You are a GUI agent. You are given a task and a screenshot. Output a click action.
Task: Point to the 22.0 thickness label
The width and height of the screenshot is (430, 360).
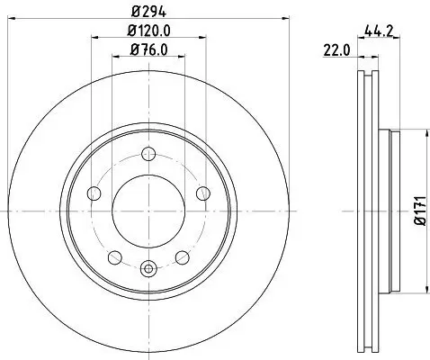[335, 51]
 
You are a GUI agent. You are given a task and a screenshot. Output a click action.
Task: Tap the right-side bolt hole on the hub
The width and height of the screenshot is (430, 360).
[201, 192]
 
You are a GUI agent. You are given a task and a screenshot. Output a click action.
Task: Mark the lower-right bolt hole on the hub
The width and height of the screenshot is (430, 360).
[181, 255]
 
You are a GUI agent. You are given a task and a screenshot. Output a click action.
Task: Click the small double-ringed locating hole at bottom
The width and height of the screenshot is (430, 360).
[148, 266]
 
